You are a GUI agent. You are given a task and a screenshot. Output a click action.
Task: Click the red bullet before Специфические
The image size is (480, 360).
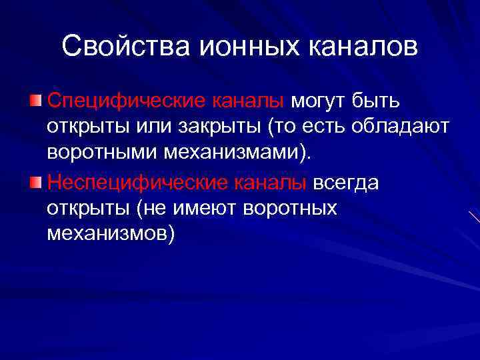[x=37, y=101]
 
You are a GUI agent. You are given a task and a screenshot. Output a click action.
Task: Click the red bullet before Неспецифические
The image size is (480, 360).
[x=37, y=181]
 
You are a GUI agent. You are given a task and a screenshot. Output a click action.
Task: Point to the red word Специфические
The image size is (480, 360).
[x=126, y=102]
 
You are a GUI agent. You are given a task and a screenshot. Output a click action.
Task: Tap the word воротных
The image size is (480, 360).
[x=291, y=209]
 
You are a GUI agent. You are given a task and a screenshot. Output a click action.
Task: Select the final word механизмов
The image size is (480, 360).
[x=109, y=235]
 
